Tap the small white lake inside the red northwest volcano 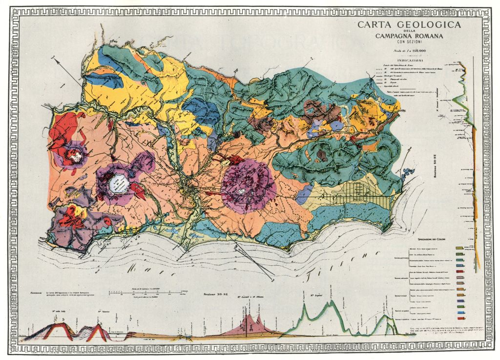75,157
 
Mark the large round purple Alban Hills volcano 248,186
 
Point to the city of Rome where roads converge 187,184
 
